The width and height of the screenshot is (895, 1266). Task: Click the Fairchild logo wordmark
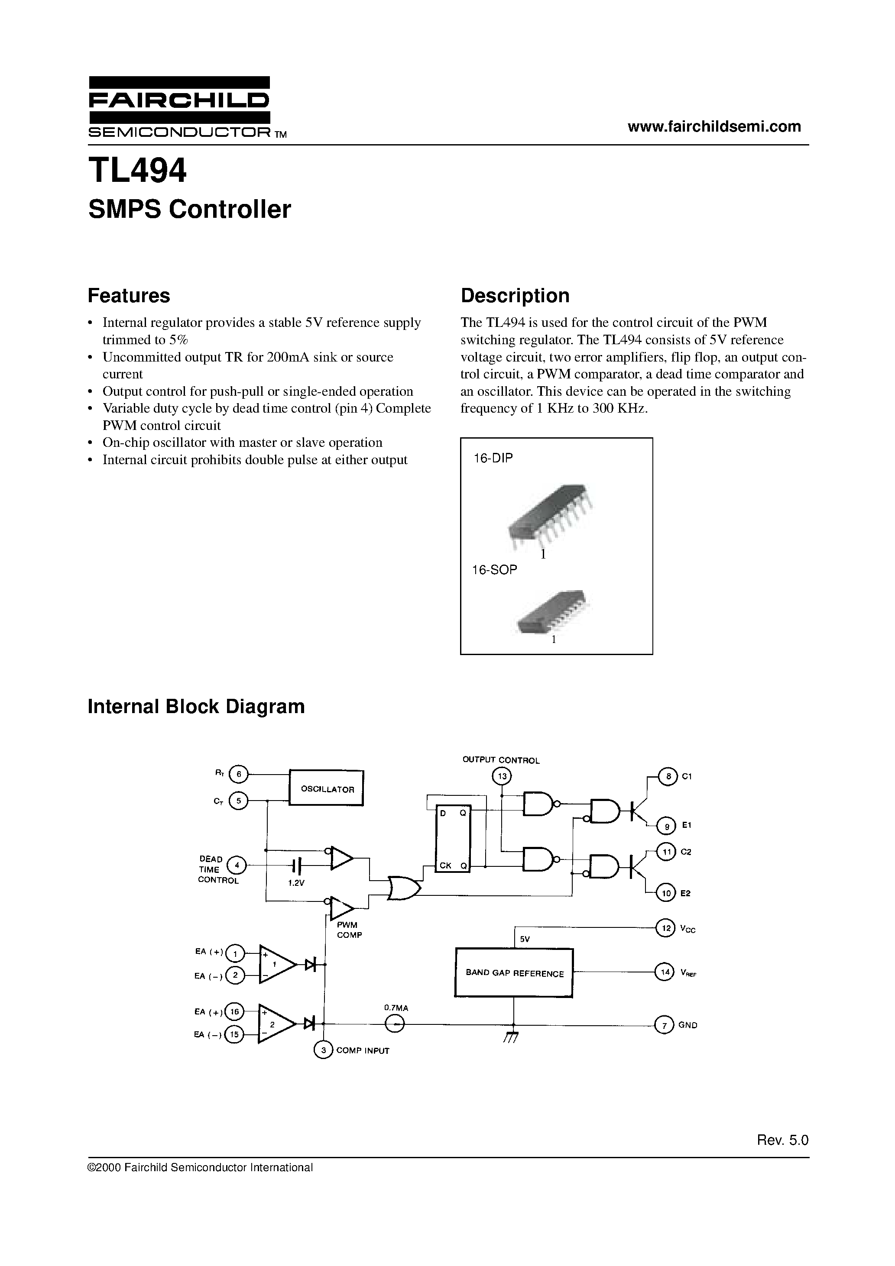179,100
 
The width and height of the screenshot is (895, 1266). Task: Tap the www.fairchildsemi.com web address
714,126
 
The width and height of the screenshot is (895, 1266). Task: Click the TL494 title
137,171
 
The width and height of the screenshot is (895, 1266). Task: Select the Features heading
129,296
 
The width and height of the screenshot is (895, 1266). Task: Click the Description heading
514,296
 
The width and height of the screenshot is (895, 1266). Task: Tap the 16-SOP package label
494,570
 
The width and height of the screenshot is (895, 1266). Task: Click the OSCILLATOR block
327,788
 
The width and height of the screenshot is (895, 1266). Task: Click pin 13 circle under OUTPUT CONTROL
502,776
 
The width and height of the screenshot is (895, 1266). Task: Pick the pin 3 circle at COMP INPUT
323,1050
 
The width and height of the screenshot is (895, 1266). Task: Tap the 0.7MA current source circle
395,1024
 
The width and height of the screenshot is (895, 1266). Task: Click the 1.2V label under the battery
296,883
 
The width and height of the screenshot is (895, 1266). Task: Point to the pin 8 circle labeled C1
668,776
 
